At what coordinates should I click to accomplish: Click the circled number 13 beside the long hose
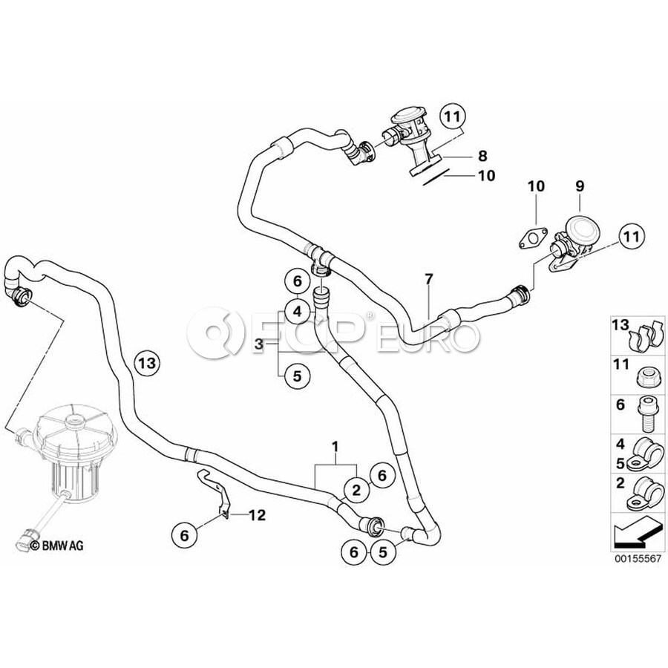coord(146,362)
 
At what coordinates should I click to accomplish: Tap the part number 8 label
coord(482,156)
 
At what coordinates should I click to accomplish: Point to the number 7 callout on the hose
coord(428,281)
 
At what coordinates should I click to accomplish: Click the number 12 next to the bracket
coord(257,514)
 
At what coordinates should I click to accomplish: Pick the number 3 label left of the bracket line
coord(259,344)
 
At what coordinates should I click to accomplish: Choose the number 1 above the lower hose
coord(335,447)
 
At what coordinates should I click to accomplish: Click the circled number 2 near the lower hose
coord(356,489)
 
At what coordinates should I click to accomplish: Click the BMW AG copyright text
coord(58,546)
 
